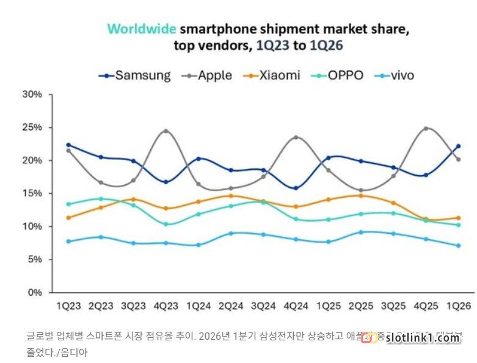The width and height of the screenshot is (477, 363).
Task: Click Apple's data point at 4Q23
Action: coord(166,131)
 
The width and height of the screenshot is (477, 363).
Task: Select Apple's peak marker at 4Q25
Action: coord(426,129)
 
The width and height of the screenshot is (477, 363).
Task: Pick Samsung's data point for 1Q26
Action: coord(458,146)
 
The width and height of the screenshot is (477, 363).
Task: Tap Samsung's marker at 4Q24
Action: coord(296,188)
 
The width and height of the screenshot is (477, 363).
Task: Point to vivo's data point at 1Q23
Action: coord(68,241)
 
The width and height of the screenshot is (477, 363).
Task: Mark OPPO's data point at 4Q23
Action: coord(166,224)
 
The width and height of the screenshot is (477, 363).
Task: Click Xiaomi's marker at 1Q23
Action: coord(68,218)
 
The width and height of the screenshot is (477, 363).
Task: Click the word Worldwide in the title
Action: coord(142,29)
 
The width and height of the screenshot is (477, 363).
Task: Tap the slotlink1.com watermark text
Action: coord(423,338)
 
